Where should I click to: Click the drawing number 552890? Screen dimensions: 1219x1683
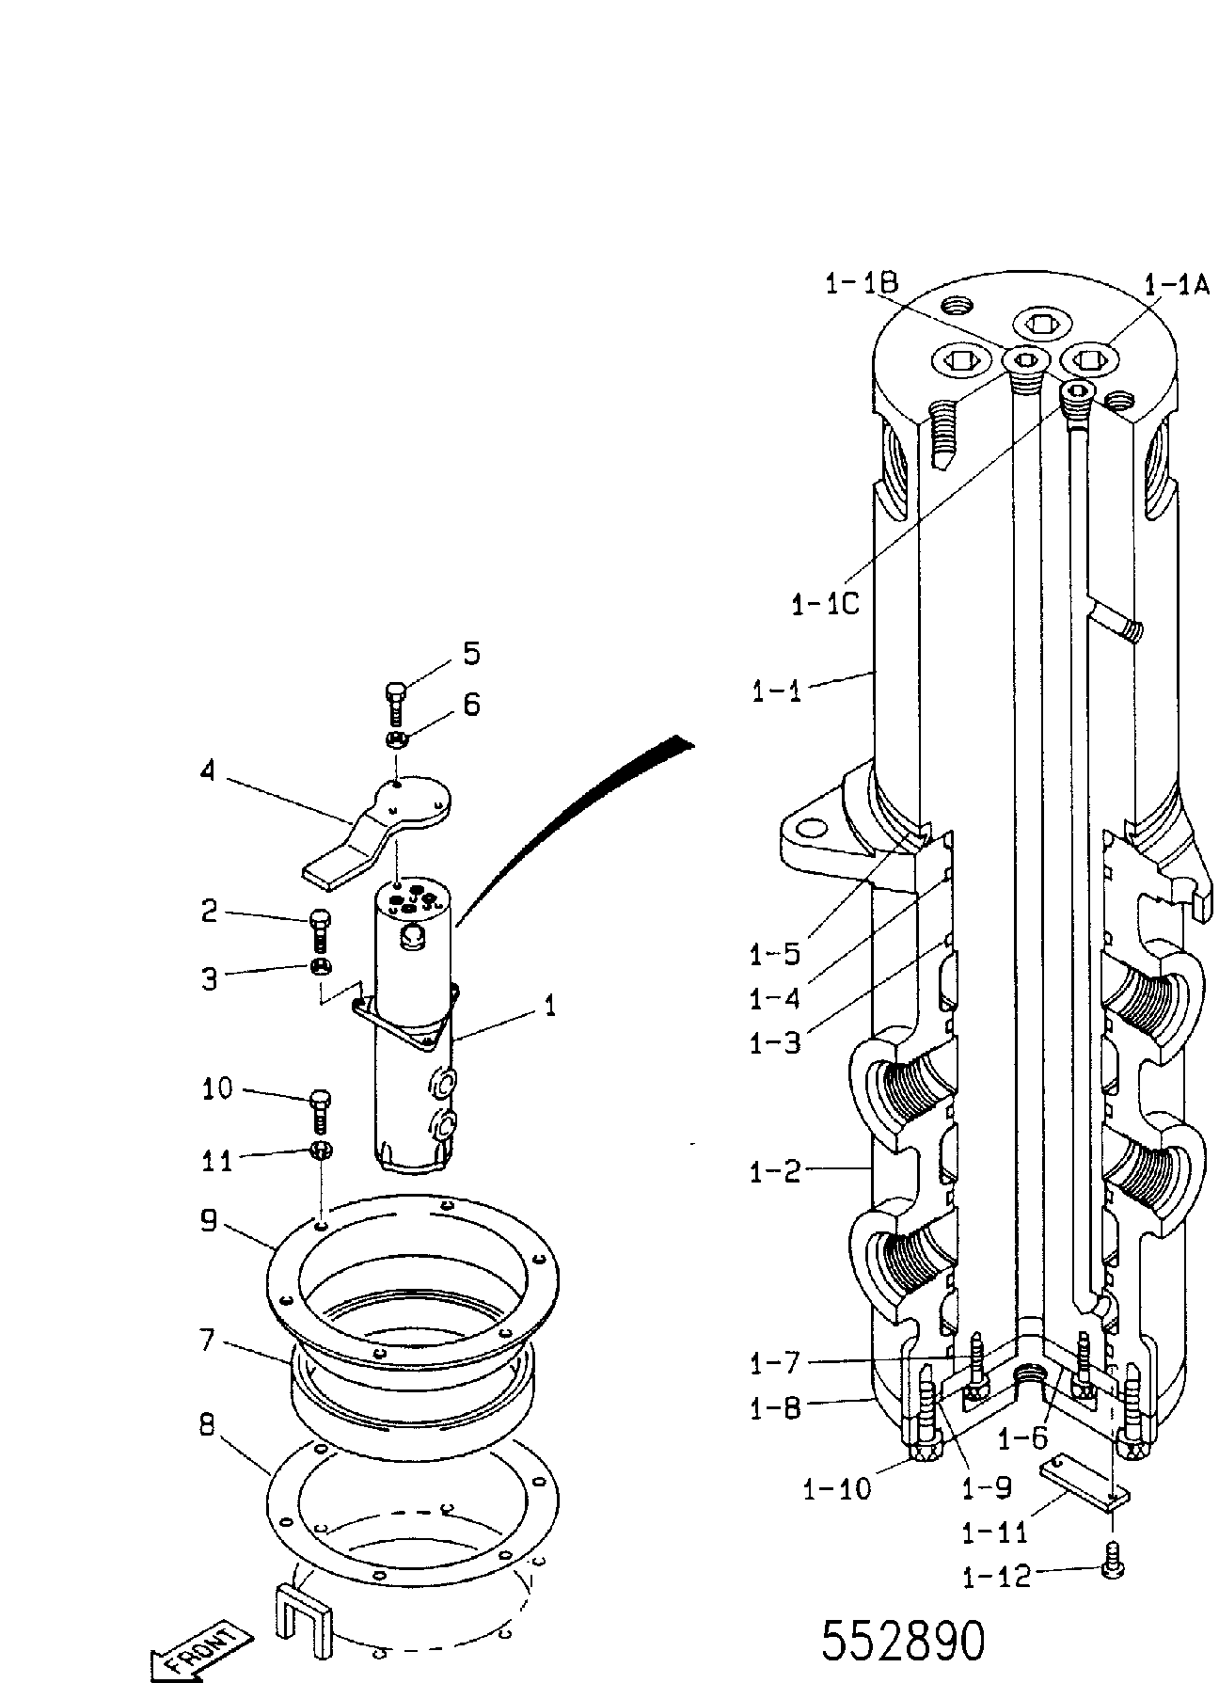tap(903, 1641)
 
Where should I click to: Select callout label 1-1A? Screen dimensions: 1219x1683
tap(1176, 284)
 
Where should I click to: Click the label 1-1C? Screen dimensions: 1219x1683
tap(825, 603)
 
